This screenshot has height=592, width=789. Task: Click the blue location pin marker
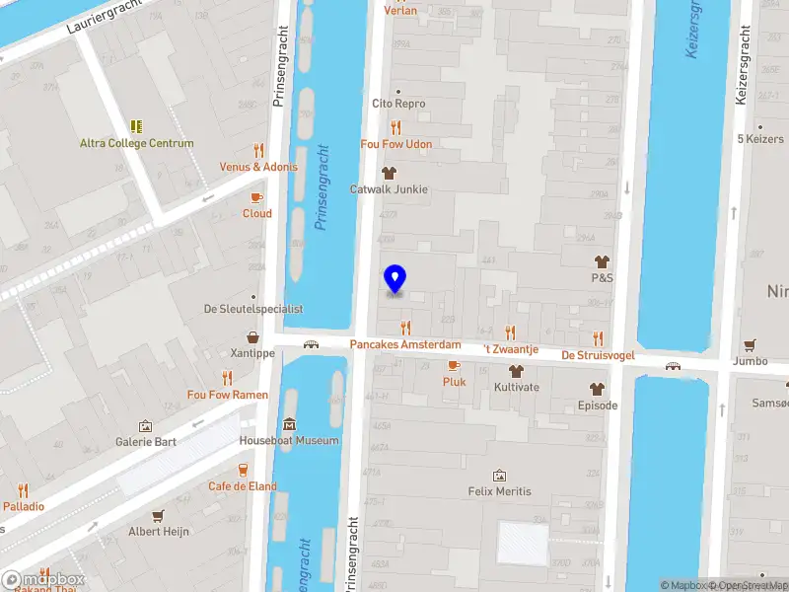[x=394, y=279]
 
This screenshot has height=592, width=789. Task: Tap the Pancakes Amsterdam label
[x=405, y=345]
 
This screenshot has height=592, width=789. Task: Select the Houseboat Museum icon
[x=289, y=424]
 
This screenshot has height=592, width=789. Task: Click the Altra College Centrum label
[x=136, y=143]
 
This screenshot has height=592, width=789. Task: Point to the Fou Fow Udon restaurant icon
[x=396, y=127]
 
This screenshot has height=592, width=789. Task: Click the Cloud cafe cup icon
[x=256, y=197]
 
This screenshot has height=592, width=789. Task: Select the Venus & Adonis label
[x=258, y=167]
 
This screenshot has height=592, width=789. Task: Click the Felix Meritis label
[x=499, y=491]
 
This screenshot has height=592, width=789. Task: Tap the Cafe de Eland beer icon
[x=243, y=470]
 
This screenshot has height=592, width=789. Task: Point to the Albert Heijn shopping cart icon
[x=158, y=515]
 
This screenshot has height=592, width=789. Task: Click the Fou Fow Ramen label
[x=228, y=395]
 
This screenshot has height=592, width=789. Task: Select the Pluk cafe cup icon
[x=454, y=366]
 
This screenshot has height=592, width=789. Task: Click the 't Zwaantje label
[x=510, y=349]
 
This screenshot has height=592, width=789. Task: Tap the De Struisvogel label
[x=597, y=355]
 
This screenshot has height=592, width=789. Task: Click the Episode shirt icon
[x=597, y=389]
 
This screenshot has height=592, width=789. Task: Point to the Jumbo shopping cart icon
[x=751, y=345]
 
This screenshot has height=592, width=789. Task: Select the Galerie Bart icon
[x=146, y=425]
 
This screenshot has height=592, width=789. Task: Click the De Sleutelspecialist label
[x=253, y=309]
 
